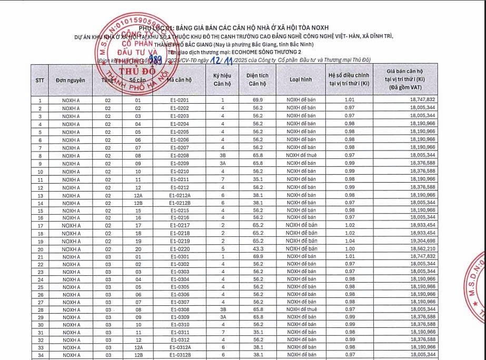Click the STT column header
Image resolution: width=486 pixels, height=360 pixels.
pos(40,80)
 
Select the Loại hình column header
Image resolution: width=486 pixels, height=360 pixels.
pos(301,80)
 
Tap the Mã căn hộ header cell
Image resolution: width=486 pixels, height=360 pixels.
pos(180,80)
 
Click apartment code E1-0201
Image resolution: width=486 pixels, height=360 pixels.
pos(180,100)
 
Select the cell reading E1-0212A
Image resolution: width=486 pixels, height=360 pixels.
pos(180,195)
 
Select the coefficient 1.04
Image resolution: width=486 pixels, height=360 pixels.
pos(350,241)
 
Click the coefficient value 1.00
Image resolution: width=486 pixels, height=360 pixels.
pos(350,248)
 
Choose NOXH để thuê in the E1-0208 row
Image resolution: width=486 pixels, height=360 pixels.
pos(301,155)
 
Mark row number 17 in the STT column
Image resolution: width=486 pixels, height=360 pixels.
pos(40,225)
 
